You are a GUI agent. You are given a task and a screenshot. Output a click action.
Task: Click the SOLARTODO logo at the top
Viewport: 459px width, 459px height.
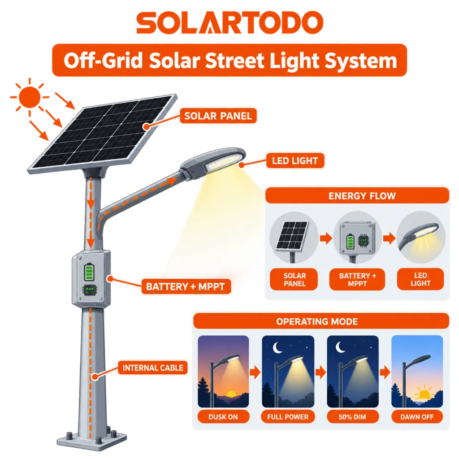(x=230, y=23)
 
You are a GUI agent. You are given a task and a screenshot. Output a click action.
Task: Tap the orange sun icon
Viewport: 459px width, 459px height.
(x=29, y=97)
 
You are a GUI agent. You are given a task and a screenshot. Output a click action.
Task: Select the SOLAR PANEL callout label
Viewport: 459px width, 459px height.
(x=218, y=116)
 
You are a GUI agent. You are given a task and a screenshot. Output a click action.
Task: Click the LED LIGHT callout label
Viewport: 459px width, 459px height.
(x=295, y=161)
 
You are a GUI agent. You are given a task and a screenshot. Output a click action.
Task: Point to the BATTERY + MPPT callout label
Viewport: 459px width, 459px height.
(x=186, y=286)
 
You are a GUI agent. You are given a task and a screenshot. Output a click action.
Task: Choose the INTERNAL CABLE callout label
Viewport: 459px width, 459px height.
(x=152, y=368)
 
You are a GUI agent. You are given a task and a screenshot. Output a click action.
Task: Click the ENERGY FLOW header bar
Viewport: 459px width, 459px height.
(x=357, y=195)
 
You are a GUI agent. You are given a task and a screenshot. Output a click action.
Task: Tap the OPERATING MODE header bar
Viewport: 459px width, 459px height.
(x=321, y=321)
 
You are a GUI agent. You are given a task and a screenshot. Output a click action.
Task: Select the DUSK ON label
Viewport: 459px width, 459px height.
(x=223, y=417)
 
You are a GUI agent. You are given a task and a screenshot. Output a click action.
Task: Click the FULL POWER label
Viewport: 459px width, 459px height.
(x=288, y=417)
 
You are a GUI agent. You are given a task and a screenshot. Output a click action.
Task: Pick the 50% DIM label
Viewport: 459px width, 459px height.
(x=352, y=417)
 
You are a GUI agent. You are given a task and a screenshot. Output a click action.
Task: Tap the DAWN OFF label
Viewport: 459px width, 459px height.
(x=417, y=417)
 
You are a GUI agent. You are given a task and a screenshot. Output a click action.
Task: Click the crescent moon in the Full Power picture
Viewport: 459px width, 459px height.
(x=277, y=347)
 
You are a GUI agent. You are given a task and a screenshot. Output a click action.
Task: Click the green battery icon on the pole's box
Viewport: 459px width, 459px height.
(x=89, y=272)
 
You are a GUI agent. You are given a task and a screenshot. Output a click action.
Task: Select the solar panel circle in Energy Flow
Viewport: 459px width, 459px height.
(x=294, y=237)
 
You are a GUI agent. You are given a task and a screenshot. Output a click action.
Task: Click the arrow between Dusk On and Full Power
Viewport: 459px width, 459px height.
(x=255, y=372)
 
